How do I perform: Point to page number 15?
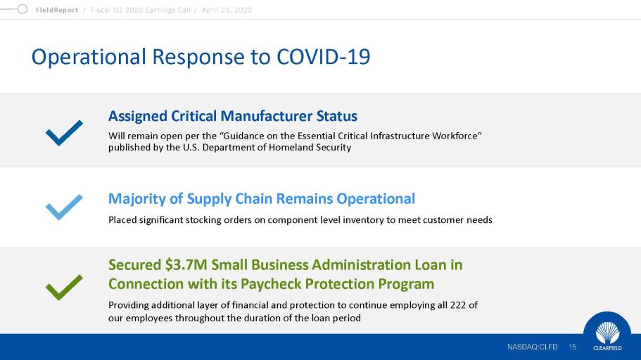point(572,347)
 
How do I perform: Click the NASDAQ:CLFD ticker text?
point(532,347)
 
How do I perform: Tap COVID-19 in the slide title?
point(324,56)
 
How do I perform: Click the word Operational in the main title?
point(89,57)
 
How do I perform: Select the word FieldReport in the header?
point(57,11)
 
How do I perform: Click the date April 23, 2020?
point(227,11)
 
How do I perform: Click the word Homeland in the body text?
point(290,148)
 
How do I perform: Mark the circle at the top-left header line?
point(22,9)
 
